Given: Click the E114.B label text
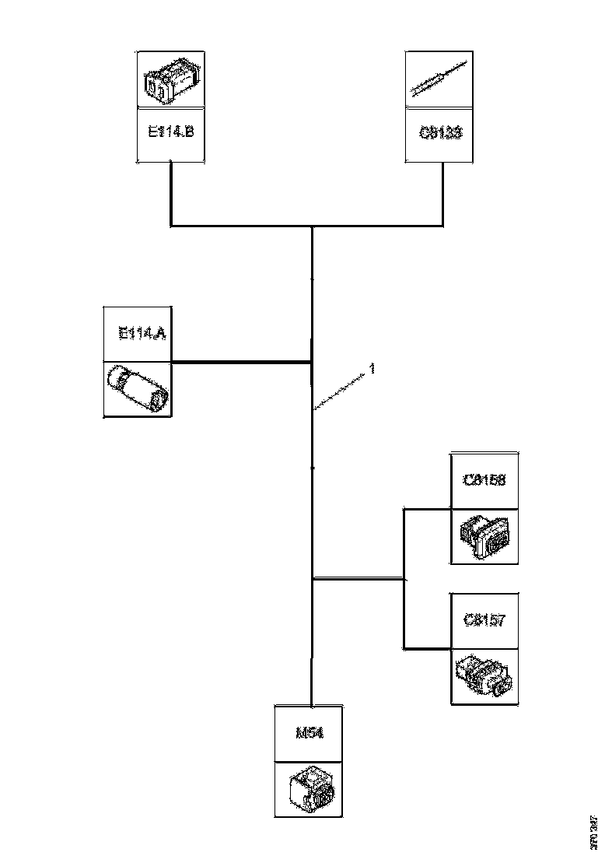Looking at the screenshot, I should click(170, 132).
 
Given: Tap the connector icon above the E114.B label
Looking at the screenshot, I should click(170, 80).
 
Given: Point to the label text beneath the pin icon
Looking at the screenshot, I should click(440, 132).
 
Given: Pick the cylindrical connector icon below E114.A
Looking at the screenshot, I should click(138, 388).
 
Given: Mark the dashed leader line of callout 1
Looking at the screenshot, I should click(340, 391).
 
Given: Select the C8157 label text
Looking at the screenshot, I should click(484, 620).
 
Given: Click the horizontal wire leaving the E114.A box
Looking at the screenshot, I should click(241, 362).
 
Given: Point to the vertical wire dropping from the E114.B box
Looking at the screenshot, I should click(170, 195).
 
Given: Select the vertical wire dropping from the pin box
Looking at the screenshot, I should click(444, 195).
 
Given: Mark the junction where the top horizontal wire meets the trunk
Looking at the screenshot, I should click(312, 227).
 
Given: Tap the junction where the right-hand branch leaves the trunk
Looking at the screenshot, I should click(312, 579).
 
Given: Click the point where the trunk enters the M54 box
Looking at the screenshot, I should click(311, 705).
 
